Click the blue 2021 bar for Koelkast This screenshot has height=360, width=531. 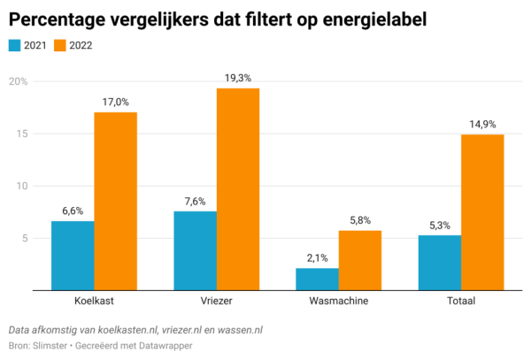click(73, 255)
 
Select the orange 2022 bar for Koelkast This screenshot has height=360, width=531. click(115, 201)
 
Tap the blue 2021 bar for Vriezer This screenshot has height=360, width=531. click(195, 249)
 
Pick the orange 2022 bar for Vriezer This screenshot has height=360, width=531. click(238, 188)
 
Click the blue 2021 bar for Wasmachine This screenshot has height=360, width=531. click(317, 279)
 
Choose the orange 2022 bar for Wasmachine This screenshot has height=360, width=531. click(360, 259)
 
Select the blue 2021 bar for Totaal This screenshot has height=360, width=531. click(439, 262)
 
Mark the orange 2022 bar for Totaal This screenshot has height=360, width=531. click(482, 211)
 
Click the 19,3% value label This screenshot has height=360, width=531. click(238, 79)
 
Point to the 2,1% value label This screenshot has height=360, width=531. click(317, 258)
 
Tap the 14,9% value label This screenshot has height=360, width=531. click(482, 125)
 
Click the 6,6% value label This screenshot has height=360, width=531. click(73, 211)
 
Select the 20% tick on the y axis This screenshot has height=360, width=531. click(19, 82)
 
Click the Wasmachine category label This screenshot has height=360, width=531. click(338, 302)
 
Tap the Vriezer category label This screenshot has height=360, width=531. click(216, 302)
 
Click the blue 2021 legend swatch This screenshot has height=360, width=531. click(15, 44)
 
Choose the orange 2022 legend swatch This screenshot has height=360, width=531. click(59, 44)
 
